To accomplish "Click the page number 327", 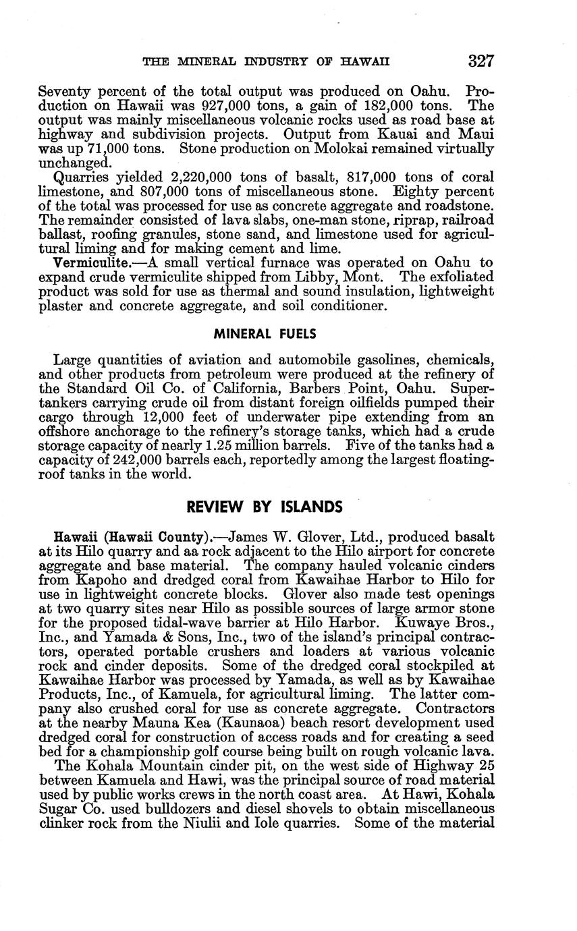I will coord(481,61).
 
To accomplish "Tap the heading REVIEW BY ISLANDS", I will coord(265,507).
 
